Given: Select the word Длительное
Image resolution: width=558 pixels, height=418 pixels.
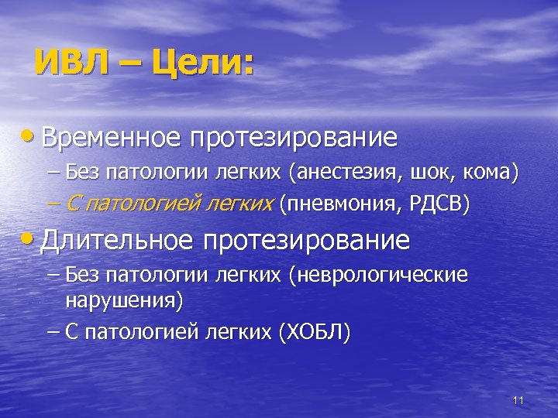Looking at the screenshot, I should pos(116,240).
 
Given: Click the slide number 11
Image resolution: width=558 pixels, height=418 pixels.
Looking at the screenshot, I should pos(518,400).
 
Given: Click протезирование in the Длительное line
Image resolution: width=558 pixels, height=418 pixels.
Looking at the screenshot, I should pos(306,240).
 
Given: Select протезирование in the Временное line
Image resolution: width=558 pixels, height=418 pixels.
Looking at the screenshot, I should pos(301,138).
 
